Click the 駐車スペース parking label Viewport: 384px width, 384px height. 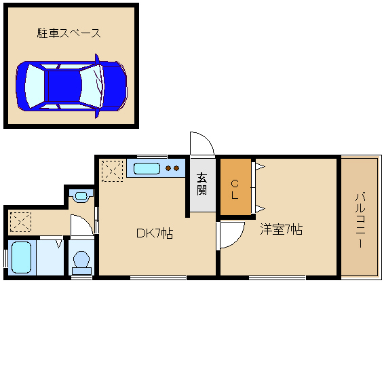point(69,33)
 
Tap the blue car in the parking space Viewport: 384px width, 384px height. point(71,85)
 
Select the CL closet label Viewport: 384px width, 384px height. point(235,189)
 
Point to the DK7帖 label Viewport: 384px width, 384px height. point(155,233)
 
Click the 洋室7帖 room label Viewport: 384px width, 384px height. point(281,229)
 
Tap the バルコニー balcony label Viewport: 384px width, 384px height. point(360,220)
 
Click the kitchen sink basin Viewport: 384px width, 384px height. point(147,169)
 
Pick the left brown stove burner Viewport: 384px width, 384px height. point(168,168)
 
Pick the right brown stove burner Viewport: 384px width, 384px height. point(176,168)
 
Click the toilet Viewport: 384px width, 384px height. point(81,263)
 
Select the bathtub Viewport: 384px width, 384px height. point(22,257)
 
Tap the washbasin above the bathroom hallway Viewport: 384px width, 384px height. point(81,196)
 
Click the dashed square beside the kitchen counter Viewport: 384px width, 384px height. point(113,171)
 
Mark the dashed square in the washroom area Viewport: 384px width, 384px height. point(20,222)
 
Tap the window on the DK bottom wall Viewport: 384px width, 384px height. point(158,277)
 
